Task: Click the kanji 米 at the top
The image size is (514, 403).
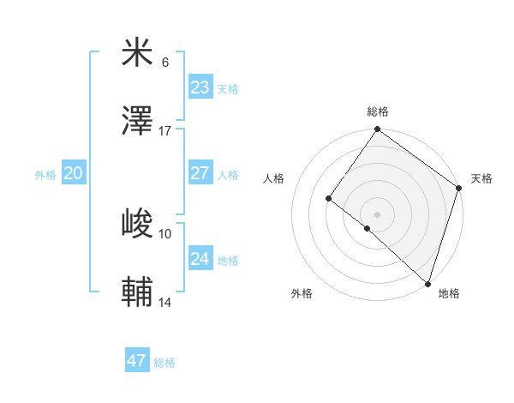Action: (137, 53)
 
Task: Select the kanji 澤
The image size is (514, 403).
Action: (137, 122)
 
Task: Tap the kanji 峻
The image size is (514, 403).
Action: (137, 225)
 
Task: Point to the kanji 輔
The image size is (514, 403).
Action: (137, 293)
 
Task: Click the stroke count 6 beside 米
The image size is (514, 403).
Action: (165, 63)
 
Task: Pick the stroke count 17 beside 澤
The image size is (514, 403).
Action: (165, 131)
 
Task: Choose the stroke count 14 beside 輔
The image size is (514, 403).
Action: (165, 303)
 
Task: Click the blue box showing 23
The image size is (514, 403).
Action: (200, 87)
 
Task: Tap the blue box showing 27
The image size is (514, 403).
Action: (200, 173)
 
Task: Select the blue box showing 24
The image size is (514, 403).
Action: (200, 259)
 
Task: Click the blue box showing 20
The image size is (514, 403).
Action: (73, 173)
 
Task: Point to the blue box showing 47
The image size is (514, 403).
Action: (136, 361)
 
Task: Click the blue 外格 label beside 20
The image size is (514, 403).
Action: (45, 175)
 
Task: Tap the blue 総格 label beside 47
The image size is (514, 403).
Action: (164, 363)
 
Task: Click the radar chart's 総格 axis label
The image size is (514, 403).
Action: (378, 111)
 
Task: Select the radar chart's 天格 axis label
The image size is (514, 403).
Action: (482, 178)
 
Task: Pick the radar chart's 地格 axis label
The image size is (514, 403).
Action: (449, 293)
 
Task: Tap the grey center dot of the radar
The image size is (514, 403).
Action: (377, 214)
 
